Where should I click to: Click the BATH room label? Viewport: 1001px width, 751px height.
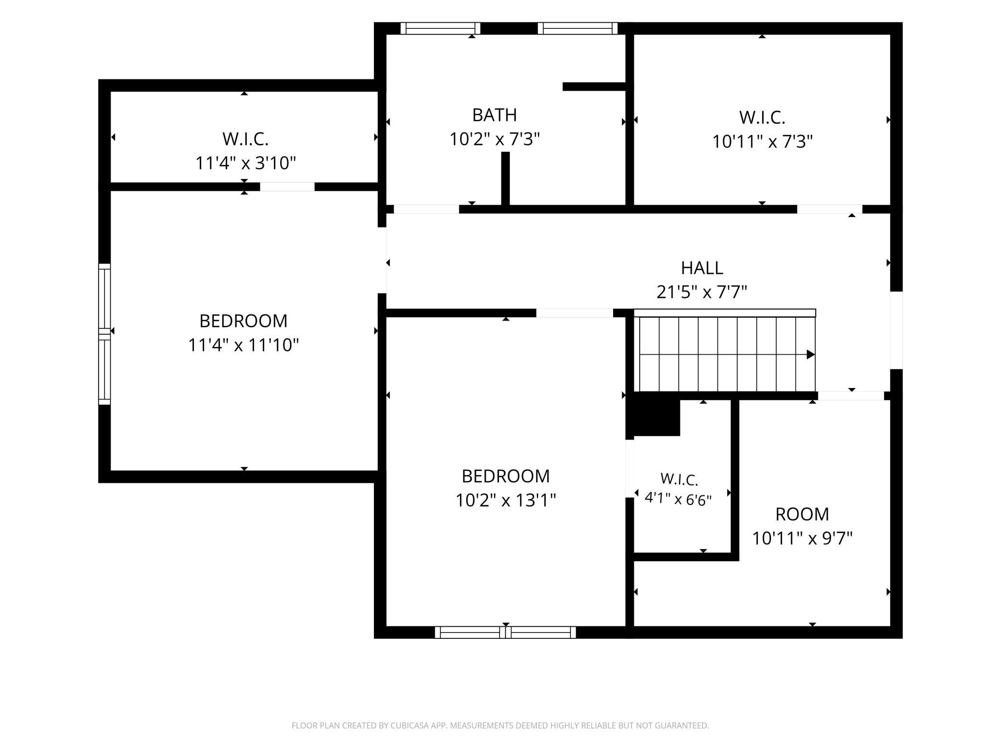point(494,115)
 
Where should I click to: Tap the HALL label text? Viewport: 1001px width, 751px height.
point(702,268)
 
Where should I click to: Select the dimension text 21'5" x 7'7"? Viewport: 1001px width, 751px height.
point(702,292)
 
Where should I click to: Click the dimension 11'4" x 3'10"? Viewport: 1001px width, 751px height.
point(245,163)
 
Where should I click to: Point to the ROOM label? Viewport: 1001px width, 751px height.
point(802,514)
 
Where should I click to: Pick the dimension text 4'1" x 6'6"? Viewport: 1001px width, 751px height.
point(678,499)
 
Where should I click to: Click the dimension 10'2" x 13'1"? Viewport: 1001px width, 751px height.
point(506,500)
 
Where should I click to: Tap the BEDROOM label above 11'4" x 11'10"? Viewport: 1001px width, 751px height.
point(244,321)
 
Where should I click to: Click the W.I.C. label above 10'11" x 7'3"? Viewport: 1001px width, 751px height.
point(762,117)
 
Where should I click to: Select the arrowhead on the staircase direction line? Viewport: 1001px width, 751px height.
point(811,355)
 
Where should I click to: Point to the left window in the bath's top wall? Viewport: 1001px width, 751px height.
point(440,28)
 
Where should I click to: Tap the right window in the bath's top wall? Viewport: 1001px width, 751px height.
point(577,28)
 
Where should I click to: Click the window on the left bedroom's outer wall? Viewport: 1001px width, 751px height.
point(104,334)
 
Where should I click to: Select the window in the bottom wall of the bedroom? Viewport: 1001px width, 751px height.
point(505,632)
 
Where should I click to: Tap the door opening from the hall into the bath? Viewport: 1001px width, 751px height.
point(426,209)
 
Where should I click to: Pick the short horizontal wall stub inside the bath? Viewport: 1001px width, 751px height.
point(594,87)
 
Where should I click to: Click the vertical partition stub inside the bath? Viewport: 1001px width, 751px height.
point(505,179)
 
